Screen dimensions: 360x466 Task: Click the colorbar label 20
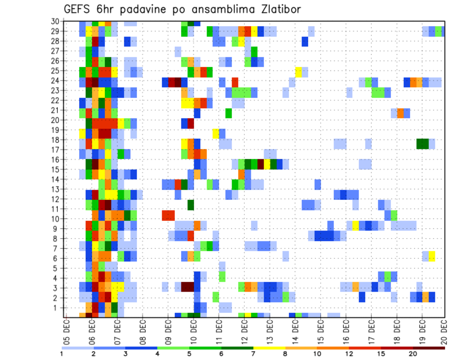[x=413, y=354]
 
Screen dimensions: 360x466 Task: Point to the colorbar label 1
[x=62, y=354]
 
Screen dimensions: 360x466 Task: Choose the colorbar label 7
[x=253, y=354]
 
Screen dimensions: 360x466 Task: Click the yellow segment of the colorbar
[x=269, y=348]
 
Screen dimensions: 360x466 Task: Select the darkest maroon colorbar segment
[x=429, y=348]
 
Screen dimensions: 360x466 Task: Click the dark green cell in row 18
[x=422, y=143]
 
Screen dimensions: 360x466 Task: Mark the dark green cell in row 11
[x=191, y=205]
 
